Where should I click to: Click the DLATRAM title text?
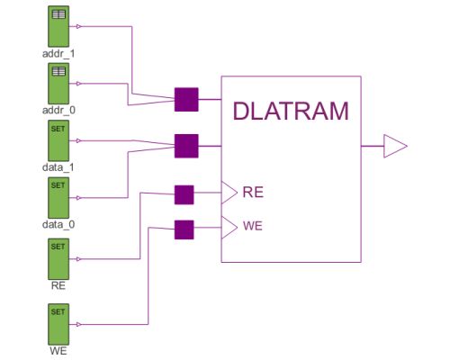290,111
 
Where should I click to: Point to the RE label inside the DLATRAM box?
253,192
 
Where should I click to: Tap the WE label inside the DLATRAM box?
253,225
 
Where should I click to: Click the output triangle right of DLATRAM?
395,146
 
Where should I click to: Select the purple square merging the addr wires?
185,99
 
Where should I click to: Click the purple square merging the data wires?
185,145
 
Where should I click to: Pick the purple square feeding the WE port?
184,229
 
